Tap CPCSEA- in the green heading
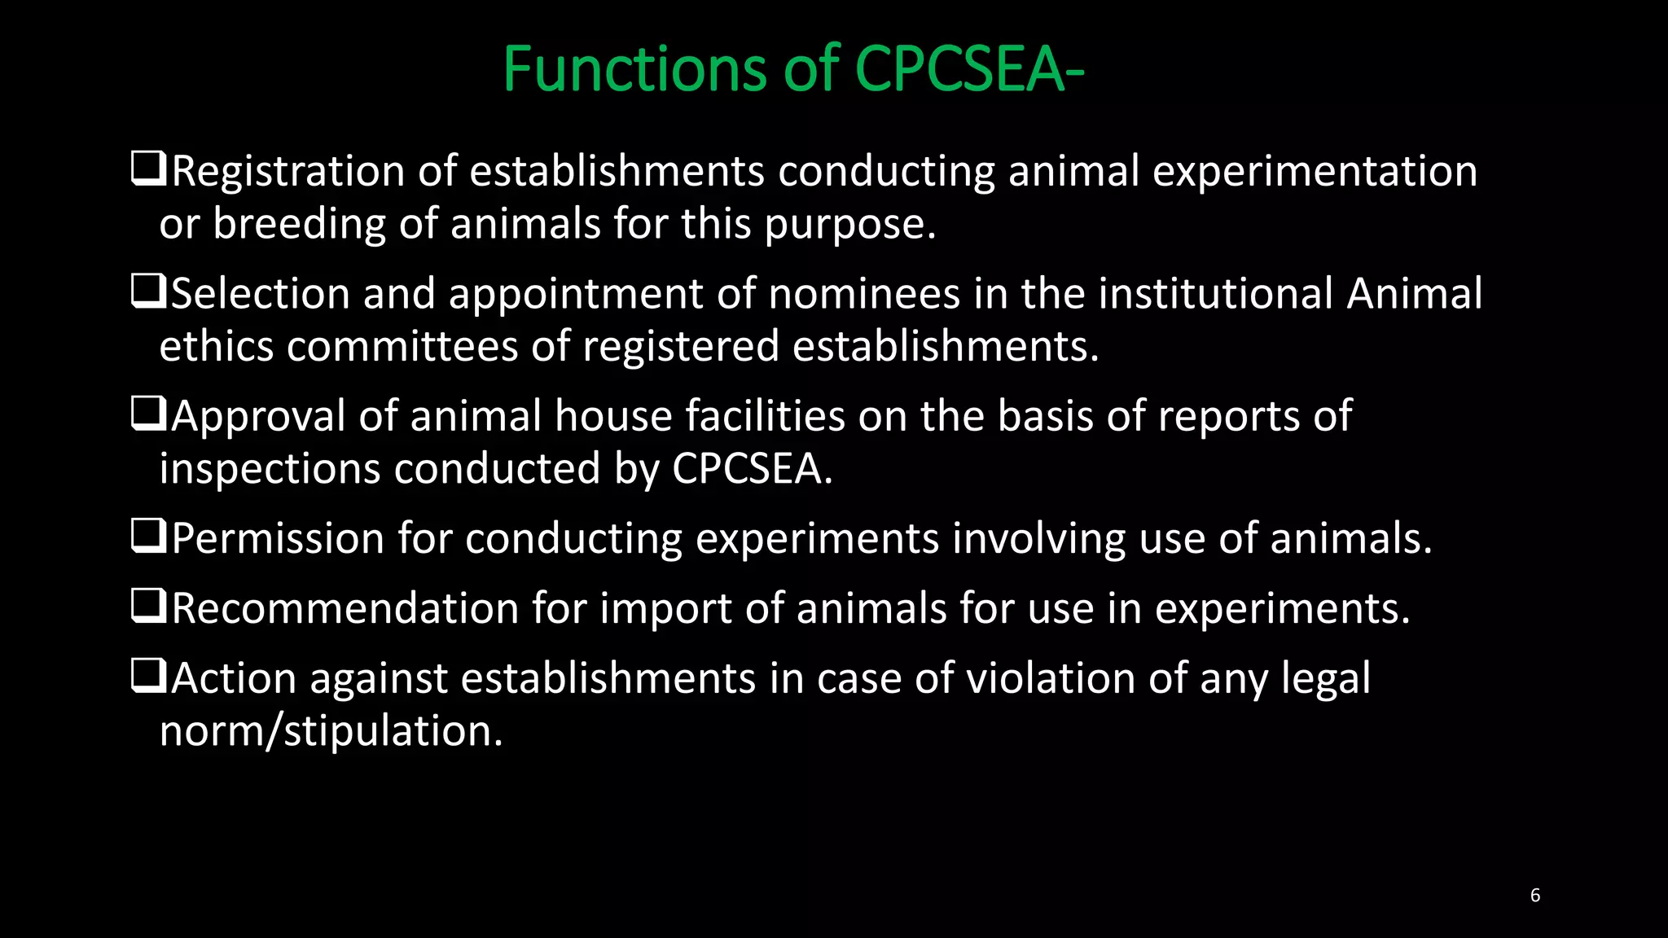(x=969, y=69)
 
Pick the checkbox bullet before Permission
(x=149, y=537)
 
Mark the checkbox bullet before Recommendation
(x=149, y=607)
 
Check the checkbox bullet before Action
(x=149, y=677)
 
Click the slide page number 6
(x=1535, y=896)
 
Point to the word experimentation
(x=1315, y=173)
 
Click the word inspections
(x=270, y=470)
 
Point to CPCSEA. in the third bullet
(x=752, y=469)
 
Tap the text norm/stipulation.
(x=331, y=731)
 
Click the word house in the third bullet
(x=613, y=416)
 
